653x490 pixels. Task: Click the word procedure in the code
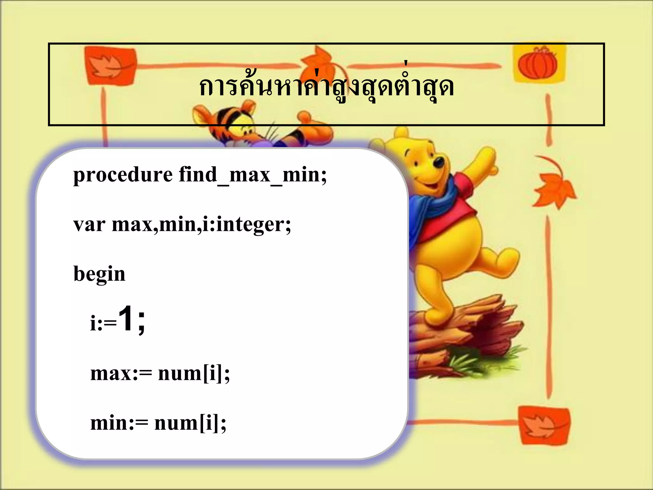tap(123, 175)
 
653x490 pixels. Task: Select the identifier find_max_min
tap(253, 175)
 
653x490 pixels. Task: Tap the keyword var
tap(89, 224)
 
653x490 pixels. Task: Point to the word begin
tap(99, 274)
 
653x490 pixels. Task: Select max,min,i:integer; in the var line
tap(201, 224)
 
